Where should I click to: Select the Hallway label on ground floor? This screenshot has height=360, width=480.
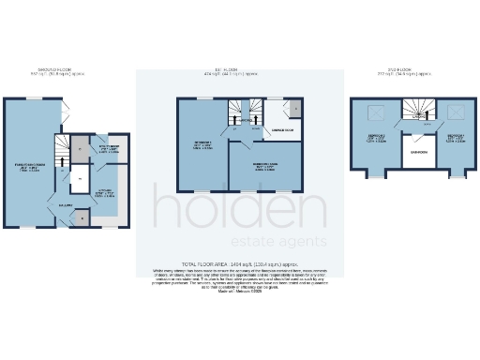tap(67, 203)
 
